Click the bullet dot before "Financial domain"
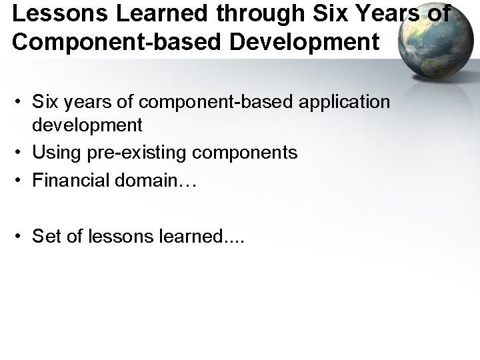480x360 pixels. [x=21, y=179]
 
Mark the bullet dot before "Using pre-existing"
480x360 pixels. [x=21, y=153]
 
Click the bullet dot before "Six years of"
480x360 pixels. [x=21, y=101]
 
